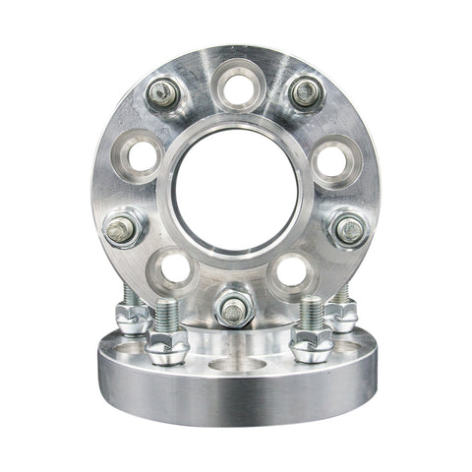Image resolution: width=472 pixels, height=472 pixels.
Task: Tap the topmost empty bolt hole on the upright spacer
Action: (x=236, y=88)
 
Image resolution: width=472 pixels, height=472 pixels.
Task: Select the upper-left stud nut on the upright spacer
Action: (x=162, y=95)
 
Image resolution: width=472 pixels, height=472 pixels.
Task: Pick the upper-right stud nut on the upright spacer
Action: (x=306, y=94)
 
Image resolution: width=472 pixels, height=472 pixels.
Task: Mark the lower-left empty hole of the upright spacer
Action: (x=176, y=267)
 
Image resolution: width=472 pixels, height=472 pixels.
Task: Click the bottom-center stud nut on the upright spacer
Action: (x=233, y=310)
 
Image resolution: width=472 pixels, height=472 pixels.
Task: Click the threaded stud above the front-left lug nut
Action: (x=168, y=315)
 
